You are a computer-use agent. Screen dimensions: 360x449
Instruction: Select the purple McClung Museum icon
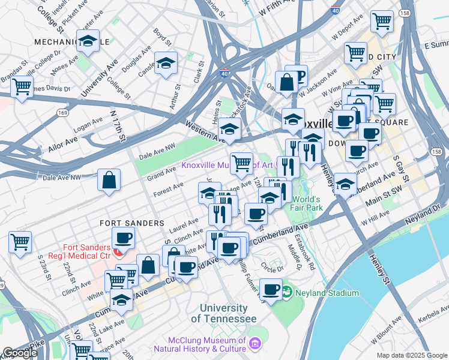256,343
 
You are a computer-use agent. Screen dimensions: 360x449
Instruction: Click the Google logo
20,352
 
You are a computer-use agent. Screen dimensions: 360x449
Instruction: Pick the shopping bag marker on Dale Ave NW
109,180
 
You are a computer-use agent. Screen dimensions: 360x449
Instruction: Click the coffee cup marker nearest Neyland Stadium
271,289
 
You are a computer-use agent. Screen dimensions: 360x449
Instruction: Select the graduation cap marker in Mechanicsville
88,41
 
